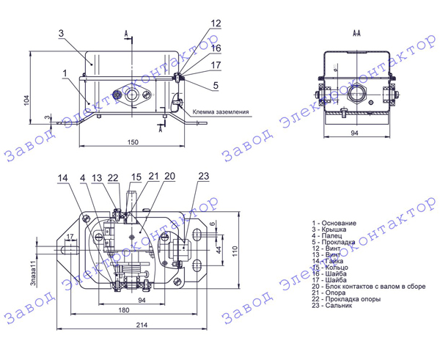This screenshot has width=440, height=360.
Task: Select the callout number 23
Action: pos(204,175)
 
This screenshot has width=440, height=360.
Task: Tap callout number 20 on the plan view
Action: pos(169,177)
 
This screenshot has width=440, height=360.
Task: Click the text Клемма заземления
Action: pos(221,112)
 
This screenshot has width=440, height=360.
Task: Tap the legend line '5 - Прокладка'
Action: pos(334,241)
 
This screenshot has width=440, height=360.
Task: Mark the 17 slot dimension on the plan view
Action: pos(70,235)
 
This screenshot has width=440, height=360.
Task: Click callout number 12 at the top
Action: pos(215,23)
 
